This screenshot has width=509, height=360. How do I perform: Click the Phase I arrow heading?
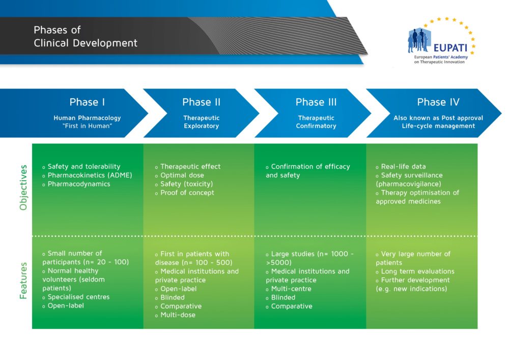point(87,102)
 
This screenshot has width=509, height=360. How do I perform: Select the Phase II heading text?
point(201,102)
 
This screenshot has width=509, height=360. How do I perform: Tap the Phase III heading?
point(316,102)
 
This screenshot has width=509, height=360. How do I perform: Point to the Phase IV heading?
point(438,102)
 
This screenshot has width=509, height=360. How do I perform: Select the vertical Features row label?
point(23,281)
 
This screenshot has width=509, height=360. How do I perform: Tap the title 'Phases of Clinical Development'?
point(86,37)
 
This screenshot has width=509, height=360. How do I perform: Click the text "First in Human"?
point(87,126)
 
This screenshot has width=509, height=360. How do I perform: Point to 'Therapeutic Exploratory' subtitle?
point(201,122)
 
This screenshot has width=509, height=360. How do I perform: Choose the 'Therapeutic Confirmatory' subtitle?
point(316,122)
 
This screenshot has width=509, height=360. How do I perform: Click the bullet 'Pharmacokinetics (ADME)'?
point(90,175)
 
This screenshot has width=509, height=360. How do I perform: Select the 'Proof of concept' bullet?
point(187,192)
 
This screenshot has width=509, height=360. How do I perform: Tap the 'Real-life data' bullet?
point(403,167)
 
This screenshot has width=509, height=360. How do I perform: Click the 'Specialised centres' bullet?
point(78,297)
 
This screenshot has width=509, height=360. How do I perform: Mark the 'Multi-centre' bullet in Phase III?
point(291,289)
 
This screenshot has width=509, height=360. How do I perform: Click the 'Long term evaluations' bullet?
point(417,271)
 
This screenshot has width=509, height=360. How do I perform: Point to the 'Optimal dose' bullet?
point(182,175)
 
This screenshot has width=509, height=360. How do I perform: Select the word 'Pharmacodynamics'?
point(79,184)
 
